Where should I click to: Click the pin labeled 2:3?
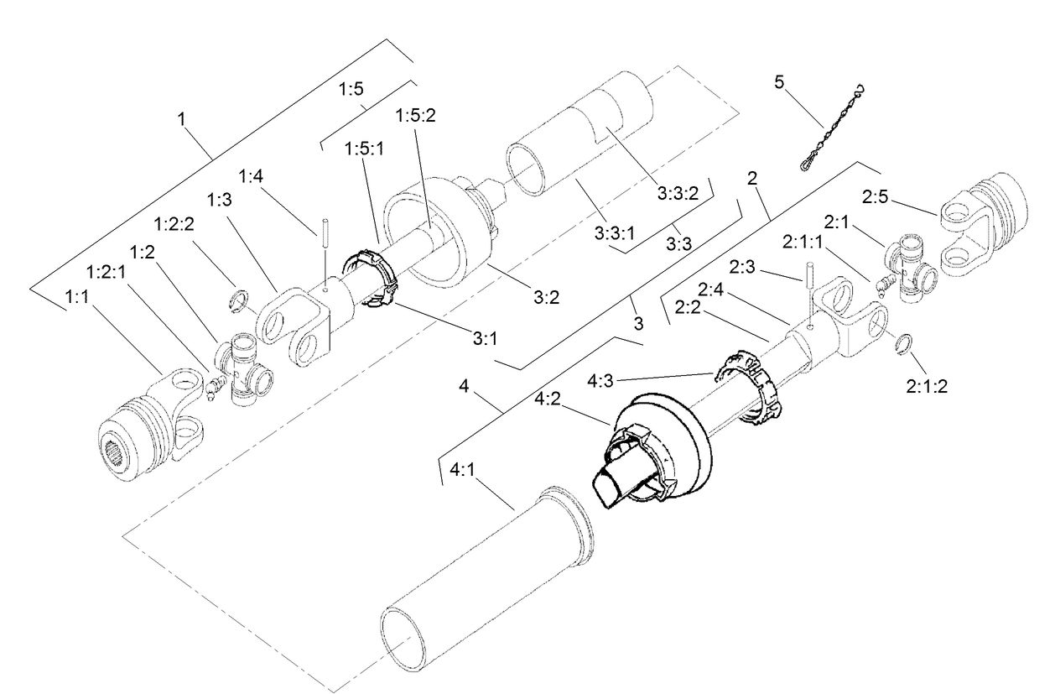810,285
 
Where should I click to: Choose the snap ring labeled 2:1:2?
905,344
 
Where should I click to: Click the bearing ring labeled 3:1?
368,277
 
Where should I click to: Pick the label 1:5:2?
417,116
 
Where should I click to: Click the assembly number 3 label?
638,322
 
